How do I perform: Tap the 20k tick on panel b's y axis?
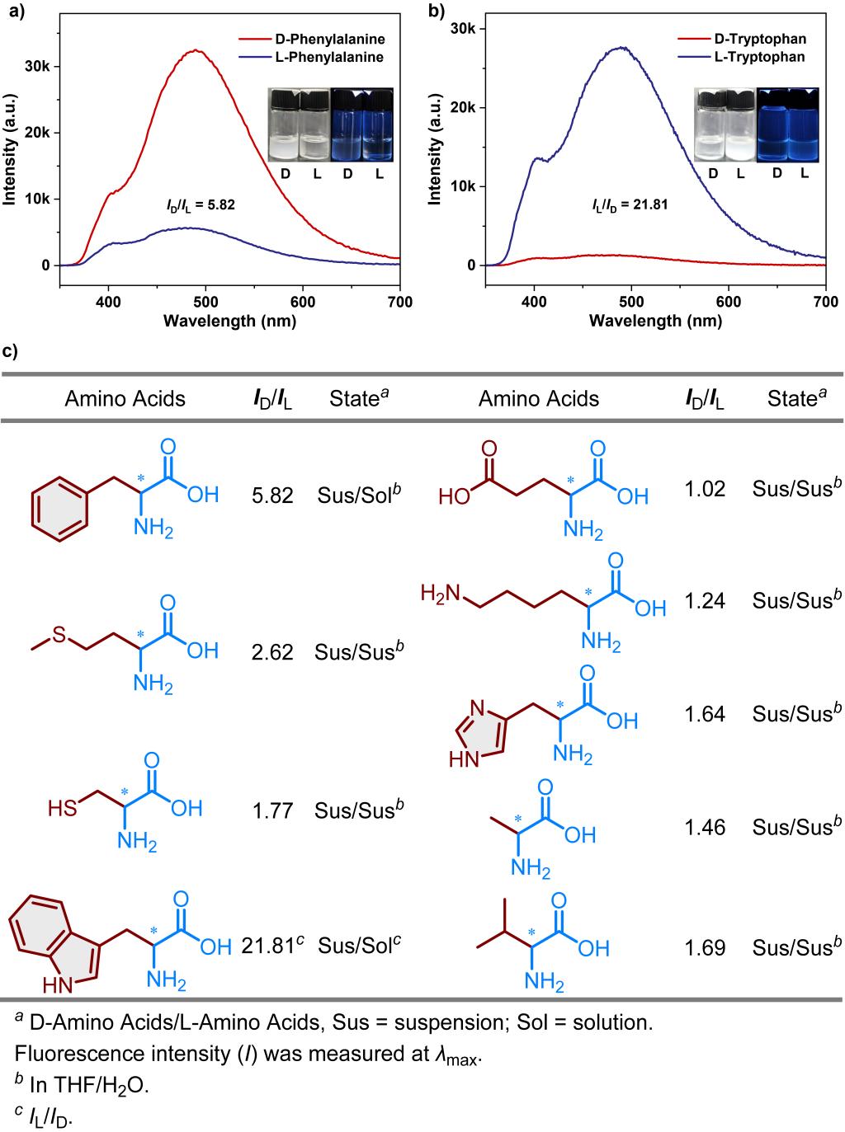tap(466, 107)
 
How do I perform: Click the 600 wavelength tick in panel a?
tap(303, 302)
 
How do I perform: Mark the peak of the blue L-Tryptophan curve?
tap(621, 48)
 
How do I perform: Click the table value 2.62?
tap(272, 652)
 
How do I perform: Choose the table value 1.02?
tap(705, 488)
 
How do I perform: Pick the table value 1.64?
tap(705, 714)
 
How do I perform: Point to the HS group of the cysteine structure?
tap(62, 809)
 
